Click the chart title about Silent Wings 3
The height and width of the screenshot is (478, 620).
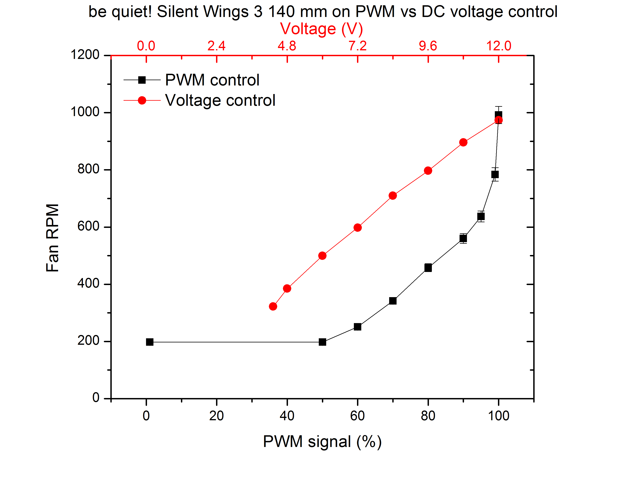pos(323,12)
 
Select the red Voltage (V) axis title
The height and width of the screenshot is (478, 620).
pos(321,29)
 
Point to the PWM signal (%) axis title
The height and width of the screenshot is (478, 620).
pos(322,442)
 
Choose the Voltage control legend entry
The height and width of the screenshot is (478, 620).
pos(220,100)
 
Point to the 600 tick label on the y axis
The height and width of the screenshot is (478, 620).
pos(88,226)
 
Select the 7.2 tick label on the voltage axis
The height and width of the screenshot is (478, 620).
pos(357,46)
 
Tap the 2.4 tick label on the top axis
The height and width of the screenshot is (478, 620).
pos(216,46)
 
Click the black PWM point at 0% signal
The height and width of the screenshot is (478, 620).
pos(150,342)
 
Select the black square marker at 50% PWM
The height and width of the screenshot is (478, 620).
pos(322,342)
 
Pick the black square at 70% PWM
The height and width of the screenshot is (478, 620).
pos(393,301)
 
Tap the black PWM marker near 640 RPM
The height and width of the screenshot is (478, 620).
pos(481,216)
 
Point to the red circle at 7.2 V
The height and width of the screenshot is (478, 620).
pos(357,227)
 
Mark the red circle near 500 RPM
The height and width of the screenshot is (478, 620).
pos(322,256)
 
